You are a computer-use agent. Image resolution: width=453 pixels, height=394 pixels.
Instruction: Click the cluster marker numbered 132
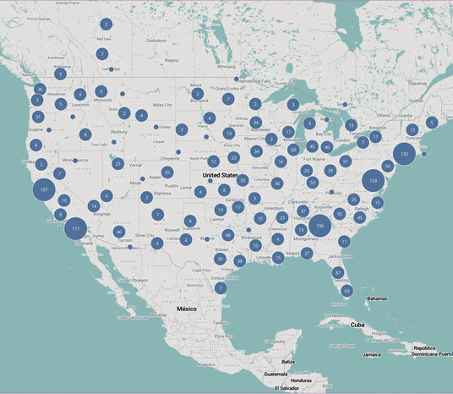[404, 155]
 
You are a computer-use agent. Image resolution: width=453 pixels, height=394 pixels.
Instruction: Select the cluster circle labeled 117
[76, 228]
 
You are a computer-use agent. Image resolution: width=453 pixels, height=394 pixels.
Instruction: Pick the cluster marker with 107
[43, 190]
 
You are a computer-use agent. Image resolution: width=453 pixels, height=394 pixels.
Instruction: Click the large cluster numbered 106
[319, 226]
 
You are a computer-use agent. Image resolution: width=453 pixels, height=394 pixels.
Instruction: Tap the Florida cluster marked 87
[338, 272]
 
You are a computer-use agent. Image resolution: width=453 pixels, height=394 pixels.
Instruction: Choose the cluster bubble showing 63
[347, 290]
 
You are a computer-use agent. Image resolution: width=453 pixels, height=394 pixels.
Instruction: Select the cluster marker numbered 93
[340, 214]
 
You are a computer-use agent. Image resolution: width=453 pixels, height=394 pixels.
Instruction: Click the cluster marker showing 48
[228, 234]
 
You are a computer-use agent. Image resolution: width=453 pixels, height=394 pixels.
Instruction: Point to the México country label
[186, 309]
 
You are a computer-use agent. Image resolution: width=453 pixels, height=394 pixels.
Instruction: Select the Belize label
[288, 361]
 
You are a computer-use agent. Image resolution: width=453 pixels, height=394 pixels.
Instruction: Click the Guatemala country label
[276, 374]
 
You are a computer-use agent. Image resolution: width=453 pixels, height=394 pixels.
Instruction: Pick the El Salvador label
[287, 387]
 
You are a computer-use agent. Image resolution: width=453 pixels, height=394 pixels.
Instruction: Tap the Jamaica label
[371, 355]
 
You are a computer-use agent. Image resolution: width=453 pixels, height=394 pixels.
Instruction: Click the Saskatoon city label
[156, 40]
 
